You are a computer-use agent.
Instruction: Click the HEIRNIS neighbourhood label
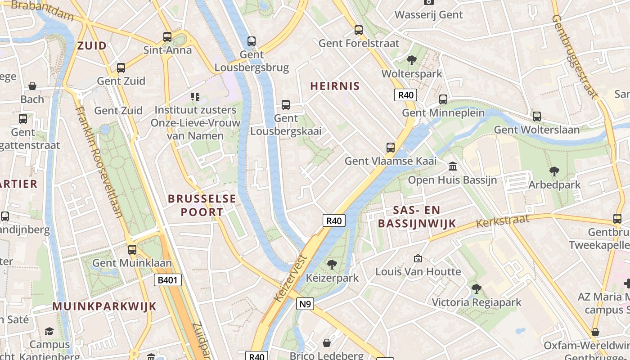(x=335, y=86)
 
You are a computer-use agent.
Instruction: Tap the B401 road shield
(x=168, y=280)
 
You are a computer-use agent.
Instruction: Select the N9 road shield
(x=305, y=304)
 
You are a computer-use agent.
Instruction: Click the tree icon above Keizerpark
(x=332, y=264)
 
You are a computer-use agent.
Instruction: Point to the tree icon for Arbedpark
(x=554, y=171)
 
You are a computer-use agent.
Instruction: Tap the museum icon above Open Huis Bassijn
(x=452, y=166)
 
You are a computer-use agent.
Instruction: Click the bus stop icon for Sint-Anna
(x=167, y=36)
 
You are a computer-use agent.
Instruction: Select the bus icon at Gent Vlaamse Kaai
(x=391, y=147)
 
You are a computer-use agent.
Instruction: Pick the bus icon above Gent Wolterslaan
(x=536, y=116)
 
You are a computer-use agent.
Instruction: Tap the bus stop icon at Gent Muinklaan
(x=132, y=249)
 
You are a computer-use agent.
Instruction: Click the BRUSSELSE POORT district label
(x=202, y=205)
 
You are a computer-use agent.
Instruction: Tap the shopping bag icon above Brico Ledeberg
(x=327, y=343)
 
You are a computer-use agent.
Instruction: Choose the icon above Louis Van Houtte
(x=418, y=258)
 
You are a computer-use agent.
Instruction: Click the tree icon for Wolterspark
(x=411, y=60)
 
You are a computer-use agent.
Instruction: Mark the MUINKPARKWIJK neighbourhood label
(x=104, y=306)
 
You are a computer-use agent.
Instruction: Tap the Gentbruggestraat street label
(x=575, y=57)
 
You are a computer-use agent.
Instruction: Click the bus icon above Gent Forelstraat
(x=359, y=30)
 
